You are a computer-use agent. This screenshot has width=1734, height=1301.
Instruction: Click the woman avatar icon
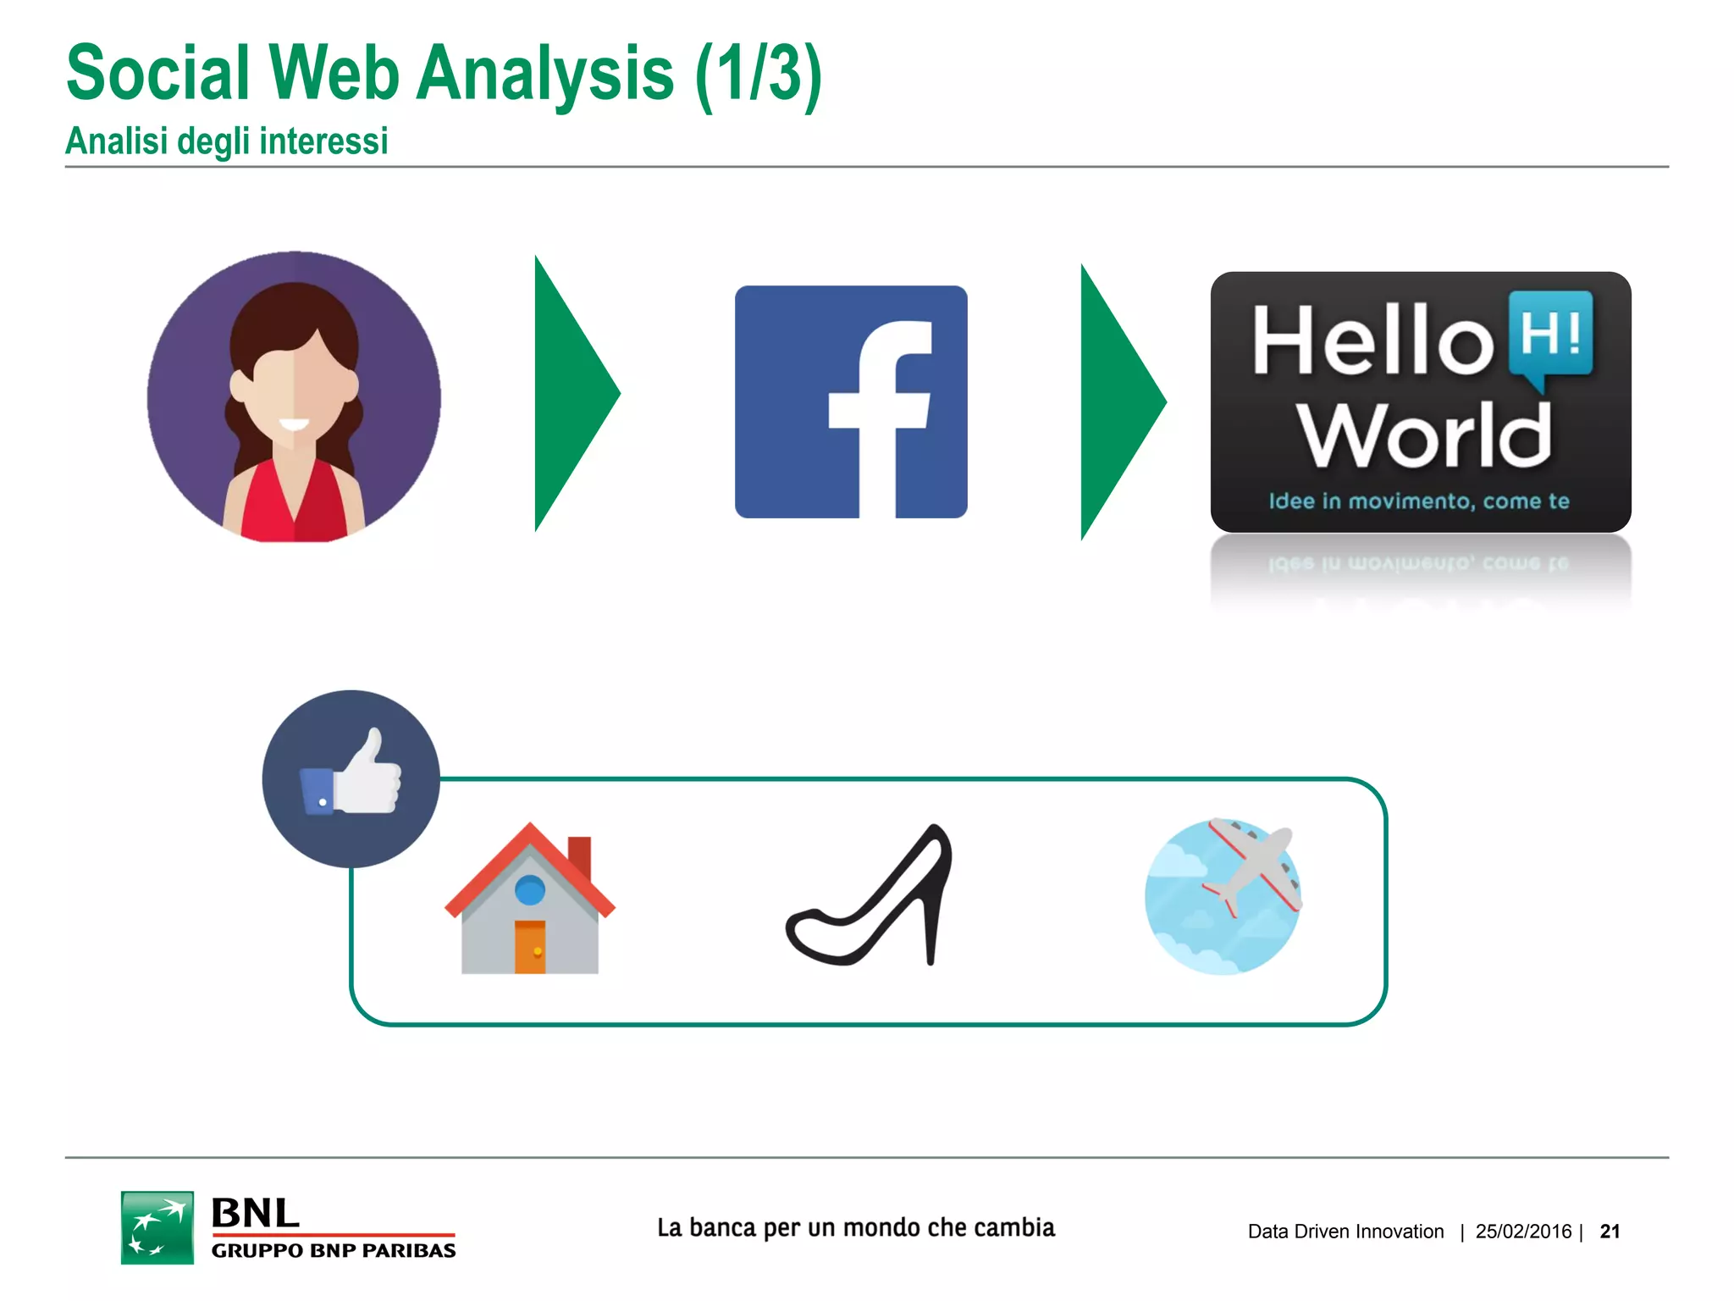pos(294,396)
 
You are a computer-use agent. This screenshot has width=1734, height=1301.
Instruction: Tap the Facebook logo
pos(851,401)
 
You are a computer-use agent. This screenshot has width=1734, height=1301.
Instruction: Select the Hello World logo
pos(1421,401)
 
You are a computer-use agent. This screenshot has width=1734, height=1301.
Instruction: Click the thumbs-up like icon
pos(351,778)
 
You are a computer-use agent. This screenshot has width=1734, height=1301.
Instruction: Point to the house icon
pos(530,900)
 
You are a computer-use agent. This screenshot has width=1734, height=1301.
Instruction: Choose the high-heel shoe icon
pos(870,895)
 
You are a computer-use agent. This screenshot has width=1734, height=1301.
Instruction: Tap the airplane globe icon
pos(1223,896)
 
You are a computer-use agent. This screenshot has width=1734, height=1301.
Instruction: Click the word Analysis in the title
pos(545,75)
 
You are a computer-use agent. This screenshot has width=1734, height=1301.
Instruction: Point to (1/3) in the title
pos(759,75)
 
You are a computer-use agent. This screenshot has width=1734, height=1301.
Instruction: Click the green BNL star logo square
pos(157,1227)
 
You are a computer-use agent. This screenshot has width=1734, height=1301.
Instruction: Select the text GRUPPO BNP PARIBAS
pos(334,1250)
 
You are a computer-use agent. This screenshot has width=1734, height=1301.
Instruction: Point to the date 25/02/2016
pos(1523,1232)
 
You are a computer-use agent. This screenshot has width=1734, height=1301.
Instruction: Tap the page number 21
pos(1610,1232)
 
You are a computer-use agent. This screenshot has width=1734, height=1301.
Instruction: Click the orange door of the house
pos(530,947)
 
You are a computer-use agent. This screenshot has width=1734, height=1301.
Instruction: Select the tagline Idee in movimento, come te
pos(1419,501)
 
